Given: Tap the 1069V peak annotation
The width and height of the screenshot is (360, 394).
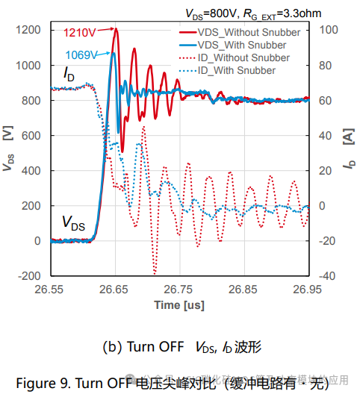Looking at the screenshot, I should [82, 54].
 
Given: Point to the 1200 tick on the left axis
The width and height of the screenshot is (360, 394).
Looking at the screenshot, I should [31, 31].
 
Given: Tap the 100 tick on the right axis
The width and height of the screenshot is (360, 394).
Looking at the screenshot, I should [329, 31].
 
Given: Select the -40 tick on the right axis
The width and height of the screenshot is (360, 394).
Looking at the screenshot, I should [327, 276].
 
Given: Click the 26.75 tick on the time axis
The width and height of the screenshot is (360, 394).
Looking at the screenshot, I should [179, 289].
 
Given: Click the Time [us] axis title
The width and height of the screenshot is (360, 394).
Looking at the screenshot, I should [179, 304].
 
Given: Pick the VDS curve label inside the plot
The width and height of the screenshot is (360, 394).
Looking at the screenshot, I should [73, 222].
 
